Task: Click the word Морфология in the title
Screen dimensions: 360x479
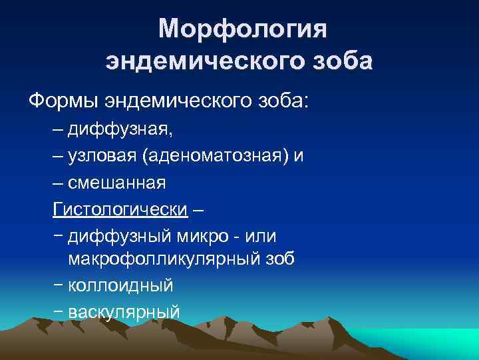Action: pos(243,29)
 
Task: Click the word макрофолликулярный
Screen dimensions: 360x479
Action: pos(165,259)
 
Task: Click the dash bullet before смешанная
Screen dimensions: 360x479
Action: pos(59,182)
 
